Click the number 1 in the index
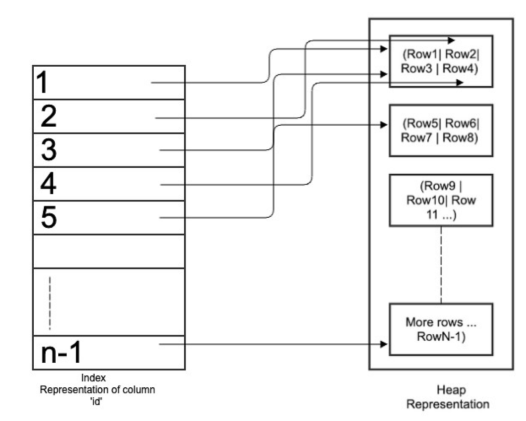pyautogui.click(x=42, y=83)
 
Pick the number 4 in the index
pyautogui.click(x=48, y=184)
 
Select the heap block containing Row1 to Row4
pyautogui.click(x=441, y=61)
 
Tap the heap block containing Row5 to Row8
pyautogui.click(x=441, y=130)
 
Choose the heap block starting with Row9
pyautogui.click(x=441, y=200)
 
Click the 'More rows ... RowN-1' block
pyautogui.click(x=441, y=329)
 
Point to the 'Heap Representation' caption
pyautogui.click(x=448, y=397)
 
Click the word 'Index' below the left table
pyautogui.click(x=93, y=378)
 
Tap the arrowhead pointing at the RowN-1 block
pyautogui.click(x=384, y=344)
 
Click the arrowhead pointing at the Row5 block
pyautogui.click(x=384, y=125)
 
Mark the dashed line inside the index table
pyautogui.click(x=50, y=302)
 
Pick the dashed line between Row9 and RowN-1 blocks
pyautogui.click(x=441, y=265)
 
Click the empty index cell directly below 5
pyautogui.click(x=109, y=251)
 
